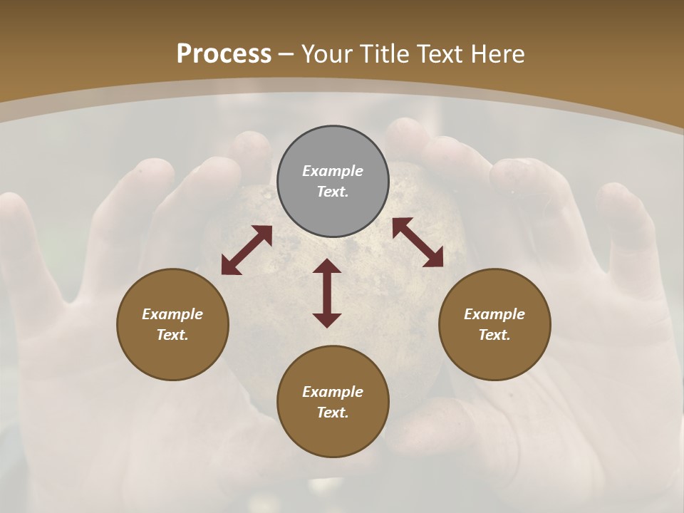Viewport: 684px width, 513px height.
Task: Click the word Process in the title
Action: click(x=224, y=54)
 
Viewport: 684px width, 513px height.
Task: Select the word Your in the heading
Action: click(x=328, y=54)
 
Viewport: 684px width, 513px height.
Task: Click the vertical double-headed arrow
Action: click(x=327, y=293)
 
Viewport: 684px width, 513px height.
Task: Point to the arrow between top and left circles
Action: click(x=247, y=250)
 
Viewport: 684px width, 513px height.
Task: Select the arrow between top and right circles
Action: click(x=418, y=242)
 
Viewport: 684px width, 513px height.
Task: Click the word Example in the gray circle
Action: click(x=333, y=171)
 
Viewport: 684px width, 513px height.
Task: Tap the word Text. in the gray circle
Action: click(x=333, y=192)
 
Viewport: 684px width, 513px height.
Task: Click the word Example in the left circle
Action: click(x=172, y=314)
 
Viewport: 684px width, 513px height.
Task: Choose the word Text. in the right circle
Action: click(x=494, y=335)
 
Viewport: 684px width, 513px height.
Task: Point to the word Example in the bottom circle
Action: click(x=333, y=392)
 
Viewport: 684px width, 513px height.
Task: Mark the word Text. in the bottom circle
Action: click(x=333, y=413)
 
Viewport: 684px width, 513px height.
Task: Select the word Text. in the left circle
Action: click(x=172, y=335)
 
